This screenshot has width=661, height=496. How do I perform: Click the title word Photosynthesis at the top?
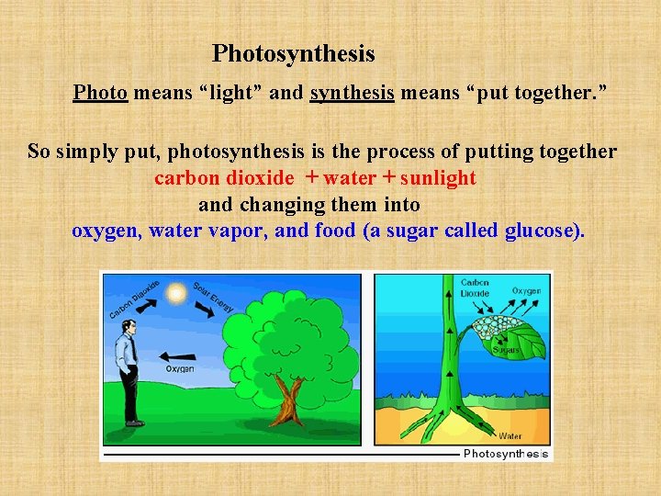click(294, 54)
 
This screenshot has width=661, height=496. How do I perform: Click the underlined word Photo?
click(100, 93)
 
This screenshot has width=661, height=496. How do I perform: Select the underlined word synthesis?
click(353, 93)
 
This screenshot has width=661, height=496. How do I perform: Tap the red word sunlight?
click(438, 178)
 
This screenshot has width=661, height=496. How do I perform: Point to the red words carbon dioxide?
click(224, 178)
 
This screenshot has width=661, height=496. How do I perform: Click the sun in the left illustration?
click(175, 292)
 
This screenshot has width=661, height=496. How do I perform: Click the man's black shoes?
click(134, 423)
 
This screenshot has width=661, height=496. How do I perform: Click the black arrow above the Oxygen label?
click(178, 355)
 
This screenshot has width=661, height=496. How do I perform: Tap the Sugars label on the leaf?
click(506, 350)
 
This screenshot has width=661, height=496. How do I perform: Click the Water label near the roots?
click(510, 435)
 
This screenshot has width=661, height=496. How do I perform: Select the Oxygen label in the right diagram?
click(526, 291)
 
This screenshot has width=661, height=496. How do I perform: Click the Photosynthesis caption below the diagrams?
click(506, 454)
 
